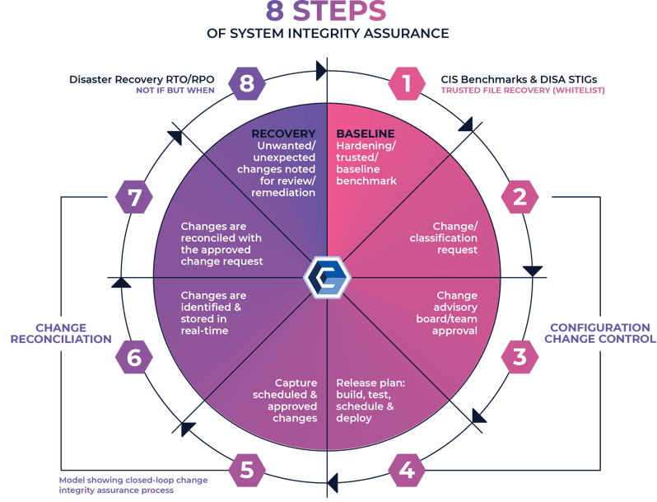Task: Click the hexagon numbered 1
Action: tap(406, 83)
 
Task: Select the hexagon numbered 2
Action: tap(520, 196)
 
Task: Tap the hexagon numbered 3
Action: tap(520, 357)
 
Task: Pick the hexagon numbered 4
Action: tap(406, 471)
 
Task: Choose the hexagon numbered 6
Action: tap(133, 357)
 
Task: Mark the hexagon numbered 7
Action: tap(133, 196)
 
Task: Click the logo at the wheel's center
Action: tap(327, 277)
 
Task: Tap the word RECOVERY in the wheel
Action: tap(282, 134)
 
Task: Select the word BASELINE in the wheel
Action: tap(366, 134)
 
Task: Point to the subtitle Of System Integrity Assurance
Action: tap(327, 34)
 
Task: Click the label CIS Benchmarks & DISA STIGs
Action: tap(518, 80)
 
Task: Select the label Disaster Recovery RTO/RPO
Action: tap(143, 80)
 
